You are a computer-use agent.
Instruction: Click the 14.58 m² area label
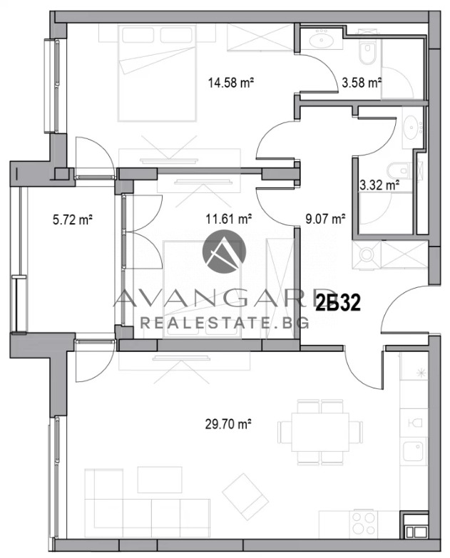coord(230,83)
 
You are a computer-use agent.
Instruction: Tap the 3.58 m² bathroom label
coord(362,83)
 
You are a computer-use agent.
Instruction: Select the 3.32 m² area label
coord(379,185)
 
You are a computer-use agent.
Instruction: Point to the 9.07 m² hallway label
coord(325,219)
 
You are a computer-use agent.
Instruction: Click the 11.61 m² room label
coord(229,219)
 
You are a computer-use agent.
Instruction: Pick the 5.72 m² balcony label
coord(73,219)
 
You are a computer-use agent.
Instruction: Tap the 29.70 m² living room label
coord(228,424)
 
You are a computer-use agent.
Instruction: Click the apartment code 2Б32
coord(338,304)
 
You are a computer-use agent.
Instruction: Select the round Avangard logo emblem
coord(225,252)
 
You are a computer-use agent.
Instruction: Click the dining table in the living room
coord(320,432)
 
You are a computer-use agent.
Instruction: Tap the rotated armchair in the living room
coord(245,496)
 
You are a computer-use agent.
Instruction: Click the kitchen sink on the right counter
coord(413,451)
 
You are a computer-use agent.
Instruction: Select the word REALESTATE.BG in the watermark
coord(225,323)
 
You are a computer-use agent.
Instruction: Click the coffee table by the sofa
coord(155,480)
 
